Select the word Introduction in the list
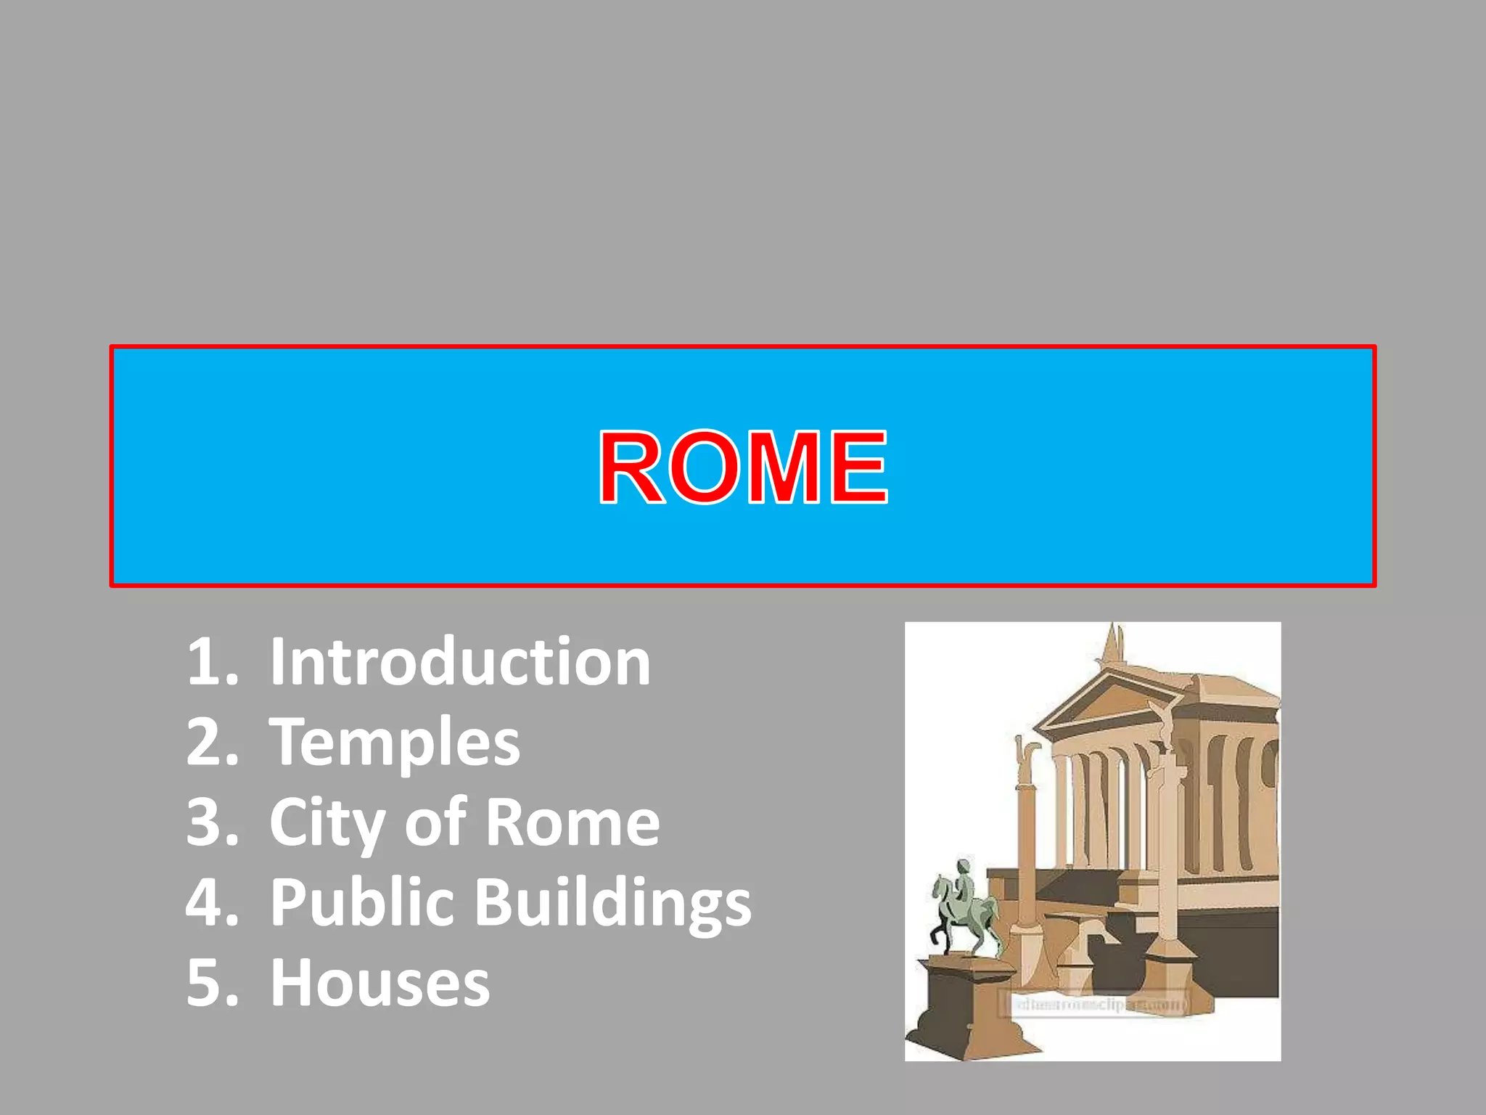click(460, 661)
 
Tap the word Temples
click(395, 742)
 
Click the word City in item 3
click(327, 823)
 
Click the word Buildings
click(613, 903)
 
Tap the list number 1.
click(211, 661)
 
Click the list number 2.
click(211, 742)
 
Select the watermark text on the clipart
click(1096, 1005)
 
